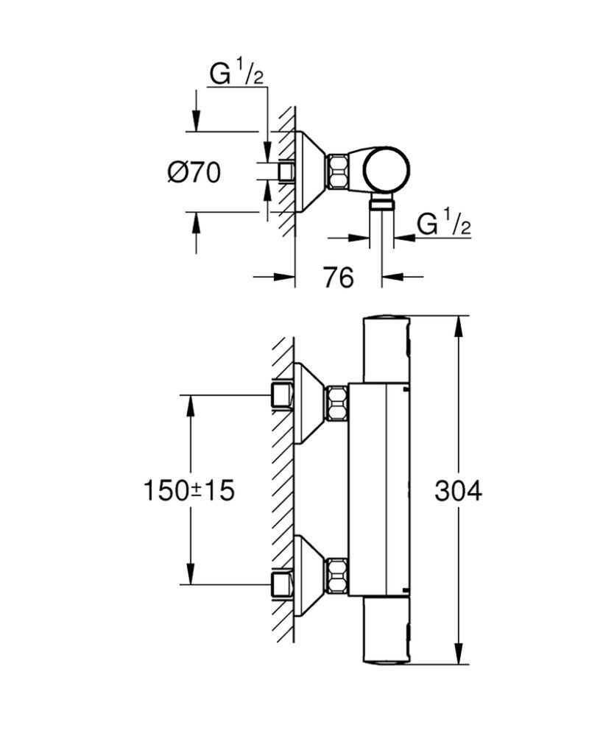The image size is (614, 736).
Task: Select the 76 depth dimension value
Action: pos(338,277)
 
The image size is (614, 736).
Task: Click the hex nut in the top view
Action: pos(339,173)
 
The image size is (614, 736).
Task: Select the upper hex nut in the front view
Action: pos(338,404)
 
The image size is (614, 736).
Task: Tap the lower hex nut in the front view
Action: pos(338,576)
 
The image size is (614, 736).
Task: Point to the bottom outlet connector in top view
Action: pos(381,204)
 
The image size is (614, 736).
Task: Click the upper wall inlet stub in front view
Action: pos(282,395)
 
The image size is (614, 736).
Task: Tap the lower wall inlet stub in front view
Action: pos(282,585)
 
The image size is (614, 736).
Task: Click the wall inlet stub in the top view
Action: pos(286,172)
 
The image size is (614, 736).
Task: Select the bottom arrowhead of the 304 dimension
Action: pos(459,657)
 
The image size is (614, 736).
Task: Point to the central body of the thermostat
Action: pos(379,489)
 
